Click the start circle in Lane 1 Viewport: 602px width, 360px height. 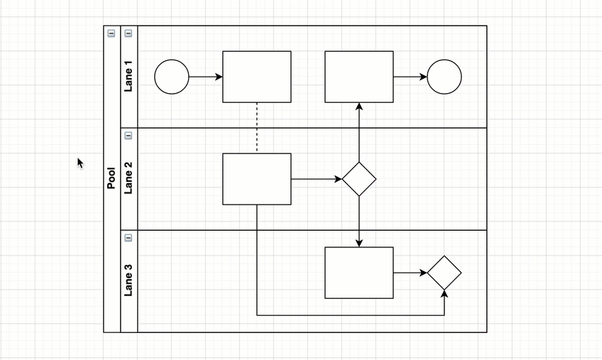[x=172, y=77]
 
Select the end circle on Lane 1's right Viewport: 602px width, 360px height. [x=444, y=77]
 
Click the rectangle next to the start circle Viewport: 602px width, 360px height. [x=257, y=77]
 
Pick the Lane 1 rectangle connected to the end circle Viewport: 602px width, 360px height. [x=359, y=77]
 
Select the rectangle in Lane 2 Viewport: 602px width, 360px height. [x=257, y=179]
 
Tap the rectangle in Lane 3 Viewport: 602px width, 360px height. [x=359, y=273]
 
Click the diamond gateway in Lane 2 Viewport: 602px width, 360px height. [x=359, y=179]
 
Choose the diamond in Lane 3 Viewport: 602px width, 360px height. [x=444, y=273]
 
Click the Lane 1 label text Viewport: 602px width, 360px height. [x=128, y=77]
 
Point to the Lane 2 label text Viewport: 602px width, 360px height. [x=128, y=179]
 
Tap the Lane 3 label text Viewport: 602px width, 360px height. [x=128, y=280]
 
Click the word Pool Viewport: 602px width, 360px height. [x=111, y=178]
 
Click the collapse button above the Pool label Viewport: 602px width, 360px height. [x=111, y=33]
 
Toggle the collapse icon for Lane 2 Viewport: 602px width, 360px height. [x=128, y=136]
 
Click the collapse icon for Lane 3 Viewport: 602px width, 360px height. [x=128, y=238]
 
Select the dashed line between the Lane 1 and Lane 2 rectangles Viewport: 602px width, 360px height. [x=257, y=128]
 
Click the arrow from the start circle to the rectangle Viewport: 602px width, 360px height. [x=206, y=77]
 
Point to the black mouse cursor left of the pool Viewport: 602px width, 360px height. [x=80, y=163]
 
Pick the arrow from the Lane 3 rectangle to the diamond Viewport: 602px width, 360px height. [x=410, y=273]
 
